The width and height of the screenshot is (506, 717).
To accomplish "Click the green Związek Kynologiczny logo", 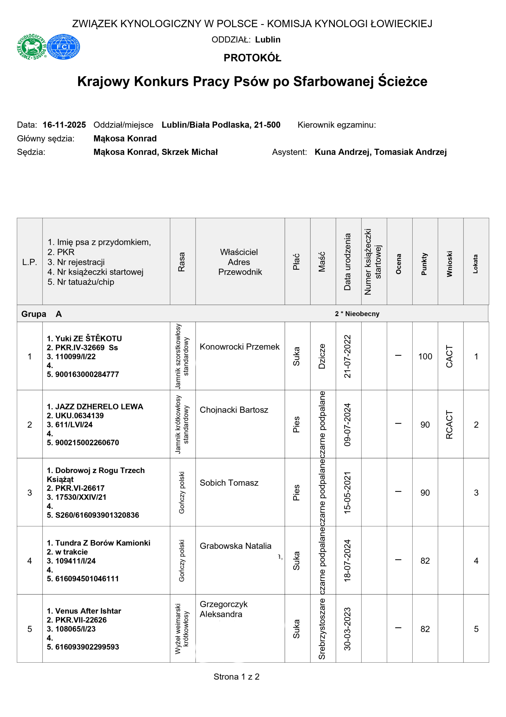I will (x=32, y=47).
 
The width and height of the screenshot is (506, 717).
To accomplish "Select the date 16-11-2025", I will (x=64, y=125).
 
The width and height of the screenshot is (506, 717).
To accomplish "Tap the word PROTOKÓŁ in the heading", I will (x=252, y=58).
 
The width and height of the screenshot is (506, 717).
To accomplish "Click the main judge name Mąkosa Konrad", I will (x=125, y=138).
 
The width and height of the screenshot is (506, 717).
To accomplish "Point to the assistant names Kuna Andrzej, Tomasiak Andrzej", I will (x=380, y=152).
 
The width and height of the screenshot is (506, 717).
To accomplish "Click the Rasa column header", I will (x=182, y=262).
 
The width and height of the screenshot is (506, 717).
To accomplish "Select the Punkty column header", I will (x=424, y=264).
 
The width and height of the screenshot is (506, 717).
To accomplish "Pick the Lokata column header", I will (x=475, y=264).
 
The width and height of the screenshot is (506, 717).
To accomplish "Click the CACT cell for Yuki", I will (x=449, y=356).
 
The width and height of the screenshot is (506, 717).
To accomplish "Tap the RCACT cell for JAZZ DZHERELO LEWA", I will (x=449, y=424).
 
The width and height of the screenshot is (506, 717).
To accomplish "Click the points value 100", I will (x=425, y=356).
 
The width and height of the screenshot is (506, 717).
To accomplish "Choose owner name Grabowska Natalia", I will (x=235, y=546).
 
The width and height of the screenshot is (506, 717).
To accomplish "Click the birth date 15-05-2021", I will (x=347, y=492).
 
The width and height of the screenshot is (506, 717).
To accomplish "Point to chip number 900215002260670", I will (x=87, y=443).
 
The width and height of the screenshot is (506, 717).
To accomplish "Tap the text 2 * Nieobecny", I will (x=357, y=314).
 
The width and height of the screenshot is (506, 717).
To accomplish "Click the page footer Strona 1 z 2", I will (x=236, y=677).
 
